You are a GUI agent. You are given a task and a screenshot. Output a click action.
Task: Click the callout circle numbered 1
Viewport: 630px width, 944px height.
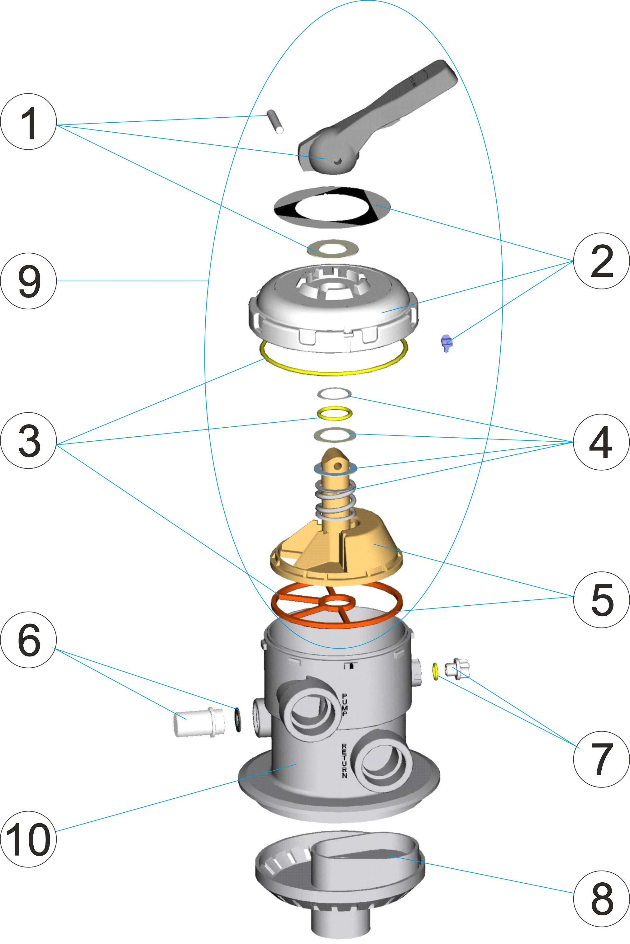[x=28, y=122]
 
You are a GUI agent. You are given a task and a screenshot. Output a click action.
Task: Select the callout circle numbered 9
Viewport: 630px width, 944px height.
[x=28, y=281]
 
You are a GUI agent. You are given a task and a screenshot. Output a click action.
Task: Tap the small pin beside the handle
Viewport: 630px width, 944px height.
[x=275, y=122]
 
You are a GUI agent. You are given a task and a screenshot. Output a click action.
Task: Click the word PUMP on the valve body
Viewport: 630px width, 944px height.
[x=345, y=704]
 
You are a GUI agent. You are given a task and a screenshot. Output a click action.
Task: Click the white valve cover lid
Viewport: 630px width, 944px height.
[x=333, y=309]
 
